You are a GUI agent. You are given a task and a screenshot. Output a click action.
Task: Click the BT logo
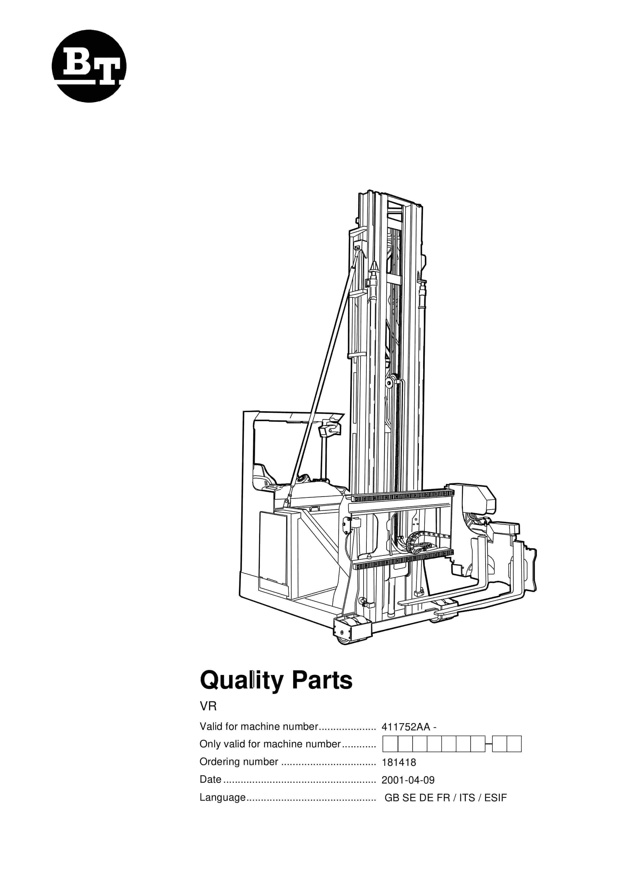(x=89, y=66)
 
